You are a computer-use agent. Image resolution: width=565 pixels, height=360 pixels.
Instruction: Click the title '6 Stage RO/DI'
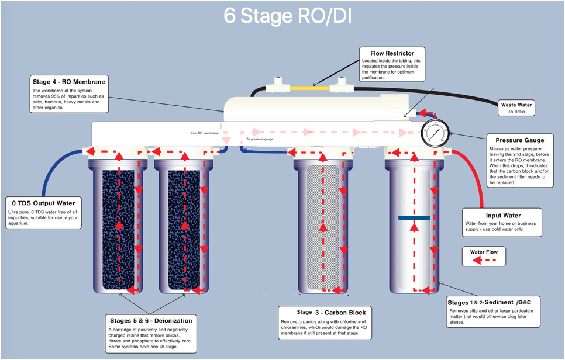click(x=287, y=16)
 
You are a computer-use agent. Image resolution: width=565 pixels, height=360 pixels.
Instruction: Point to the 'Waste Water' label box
click(x=516, y=108)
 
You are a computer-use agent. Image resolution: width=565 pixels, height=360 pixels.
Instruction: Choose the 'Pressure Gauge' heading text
click(x=519, y=140)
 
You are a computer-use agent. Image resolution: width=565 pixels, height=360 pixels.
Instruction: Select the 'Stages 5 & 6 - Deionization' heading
click(x=151, y=320)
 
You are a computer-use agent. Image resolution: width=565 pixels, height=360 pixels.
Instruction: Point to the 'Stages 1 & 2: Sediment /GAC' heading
click(x=492, y=302)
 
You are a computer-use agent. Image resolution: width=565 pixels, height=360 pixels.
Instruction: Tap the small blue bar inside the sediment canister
click(x=414, y=217)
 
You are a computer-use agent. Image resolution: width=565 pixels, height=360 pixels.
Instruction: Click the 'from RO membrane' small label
click(x=204, y=133)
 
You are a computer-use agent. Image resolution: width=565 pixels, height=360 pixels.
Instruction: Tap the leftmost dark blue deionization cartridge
click(x=119, y=229)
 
